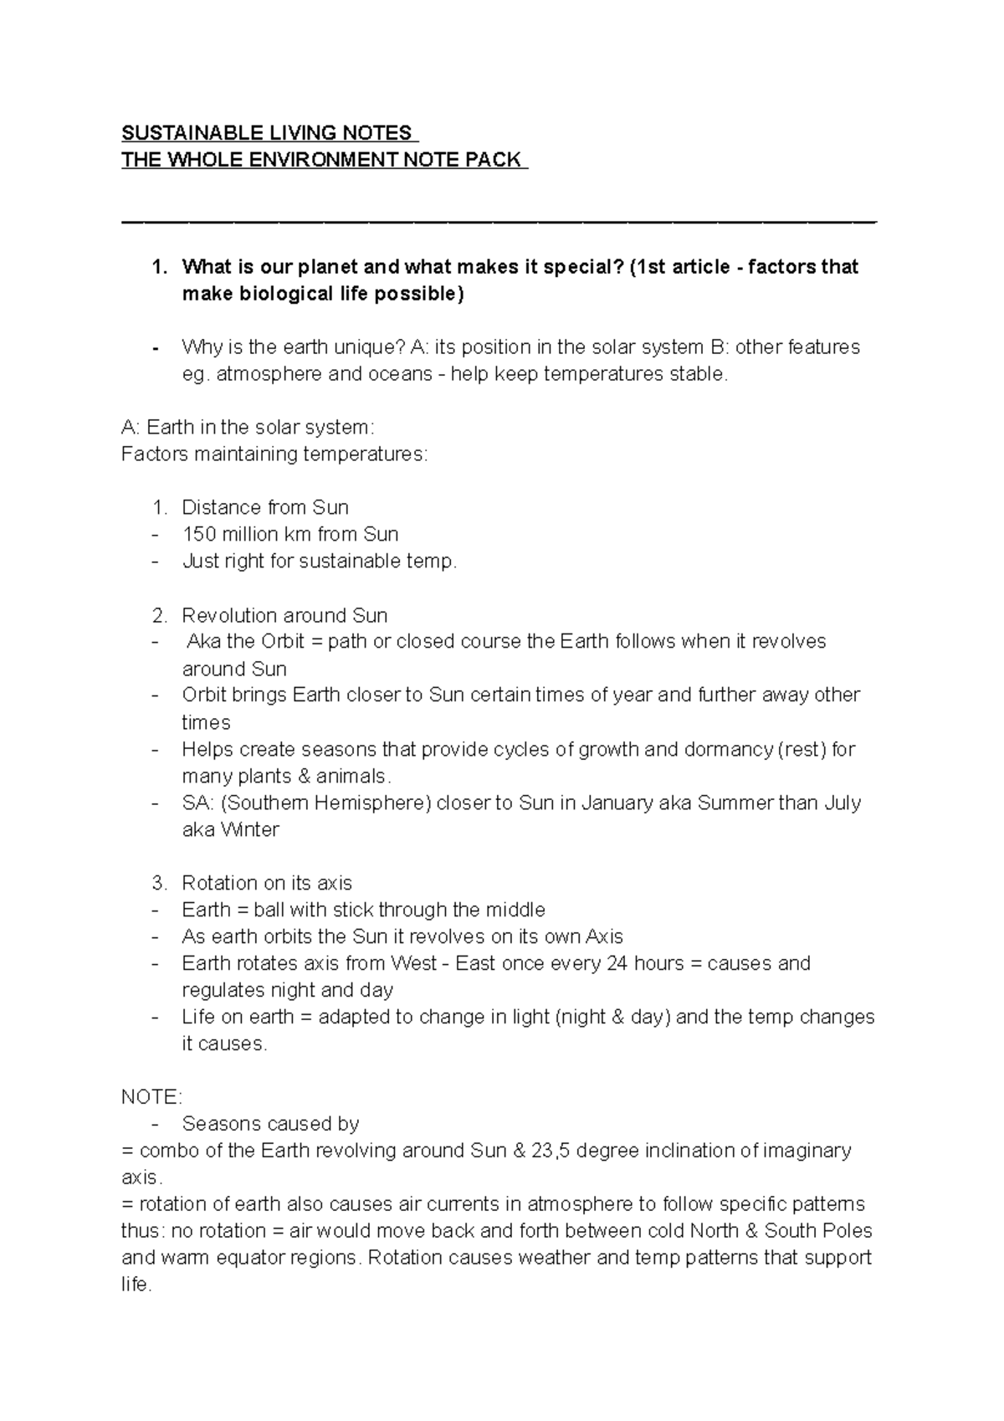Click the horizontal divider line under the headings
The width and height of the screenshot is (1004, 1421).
pos(499,222)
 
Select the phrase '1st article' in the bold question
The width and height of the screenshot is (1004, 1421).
pos(684,267)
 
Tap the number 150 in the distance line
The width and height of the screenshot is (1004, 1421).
pos(198,534)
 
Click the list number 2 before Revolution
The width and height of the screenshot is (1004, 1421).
pos(159,615)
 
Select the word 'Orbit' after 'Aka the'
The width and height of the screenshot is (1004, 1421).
pos(283,642)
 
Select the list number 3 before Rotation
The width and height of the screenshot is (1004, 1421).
pos(159,883)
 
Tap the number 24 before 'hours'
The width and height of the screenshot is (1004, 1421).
pos(617,963)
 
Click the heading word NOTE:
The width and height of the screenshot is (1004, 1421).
pos(151,1097)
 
